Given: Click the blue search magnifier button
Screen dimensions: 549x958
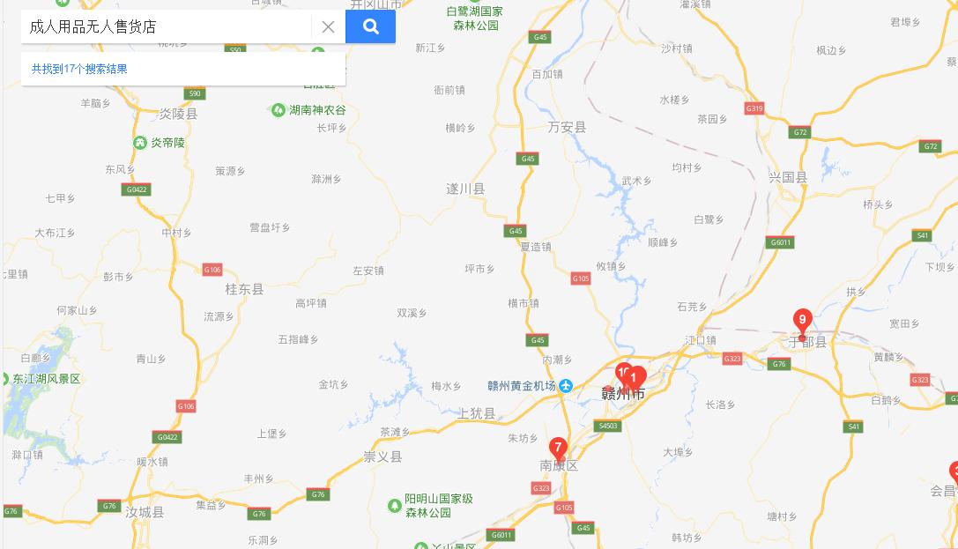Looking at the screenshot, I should coord(370,26).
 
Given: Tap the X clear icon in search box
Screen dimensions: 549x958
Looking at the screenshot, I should coord(328,26).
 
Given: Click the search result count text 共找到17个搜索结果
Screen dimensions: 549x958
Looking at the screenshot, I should coord(79,69).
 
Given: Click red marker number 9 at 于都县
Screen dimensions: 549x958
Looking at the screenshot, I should coord(802,321).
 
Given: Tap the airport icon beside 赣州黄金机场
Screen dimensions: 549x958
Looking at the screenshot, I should coord(566,386).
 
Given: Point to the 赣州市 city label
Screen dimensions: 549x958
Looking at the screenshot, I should coord(623,394).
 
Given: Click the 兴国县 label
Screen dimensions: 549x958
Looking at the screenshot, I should coord(787,177).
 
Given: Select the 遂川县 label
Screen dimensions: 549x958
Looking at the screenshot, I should coord(465,189).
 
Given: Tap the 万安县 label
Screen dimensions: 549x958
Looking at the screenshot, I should coord(567,128).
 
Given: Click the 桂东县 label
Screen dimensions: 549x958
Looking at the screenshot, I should coord(244,289).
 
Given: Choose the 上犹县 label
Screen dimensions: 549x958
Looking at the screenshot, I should coord(478,413).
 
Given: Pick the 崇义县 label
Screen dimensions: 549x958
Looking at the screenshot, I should coord(382,456).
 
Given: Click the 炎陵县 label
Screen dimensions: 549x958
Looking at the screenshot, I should coord(178,114).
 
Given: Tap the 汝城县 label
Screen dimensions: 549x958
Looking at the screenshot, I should coord(145,512).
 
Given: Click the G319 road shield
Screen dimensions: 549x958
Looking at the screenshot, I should coord(754,108).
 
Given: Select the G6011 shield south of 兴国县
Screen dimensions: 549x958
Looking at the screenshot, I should coord(781,242).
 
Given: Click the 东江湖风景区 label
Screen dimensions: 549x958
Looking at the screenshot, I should coord(46,379).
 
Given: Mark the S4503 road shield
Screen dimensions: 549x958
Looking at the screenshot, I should coord(608,426).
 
